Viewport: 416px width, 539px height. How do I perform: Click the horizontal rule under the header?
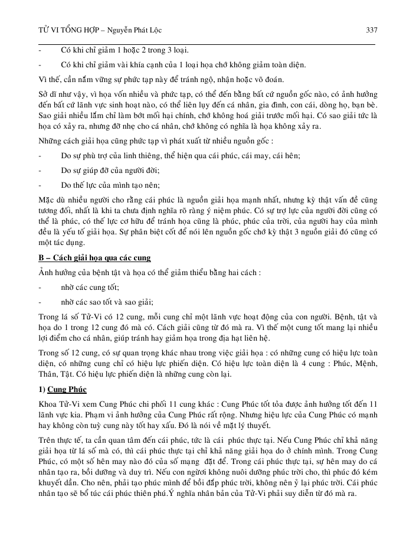click(207, 44)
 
